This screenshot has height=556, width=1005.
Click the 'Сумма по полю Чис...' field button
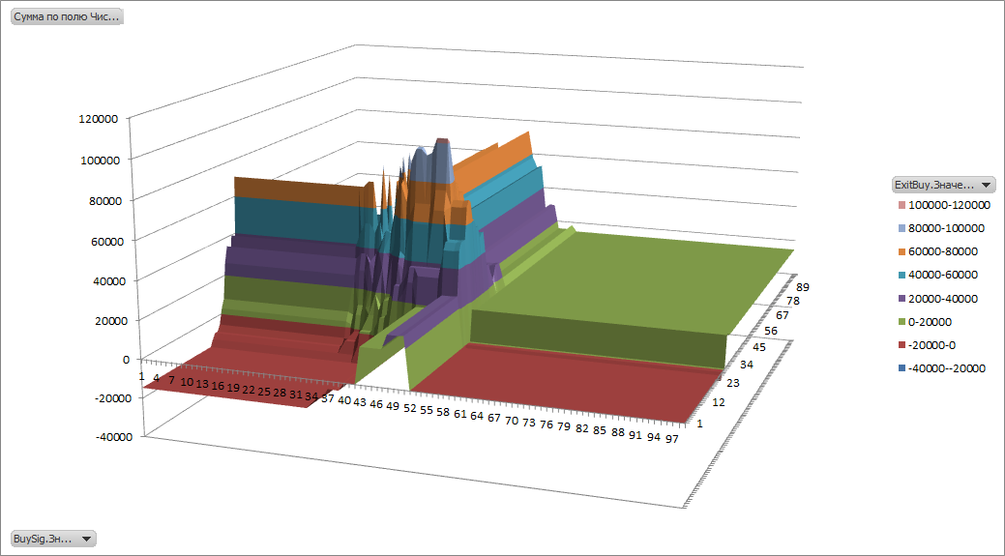click(66, 16)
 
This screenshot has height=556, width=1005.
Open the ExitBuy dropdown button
click(943, 184)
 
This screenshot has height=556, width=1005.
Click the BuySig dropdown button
click(53, 539)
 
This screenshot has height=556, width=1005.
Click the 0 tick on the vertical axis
click(126, 359)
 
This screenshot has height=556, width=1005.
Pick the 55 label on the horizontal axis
click(426, 410)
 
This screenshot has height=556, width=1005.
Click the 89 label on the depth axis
click(803, 287)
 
